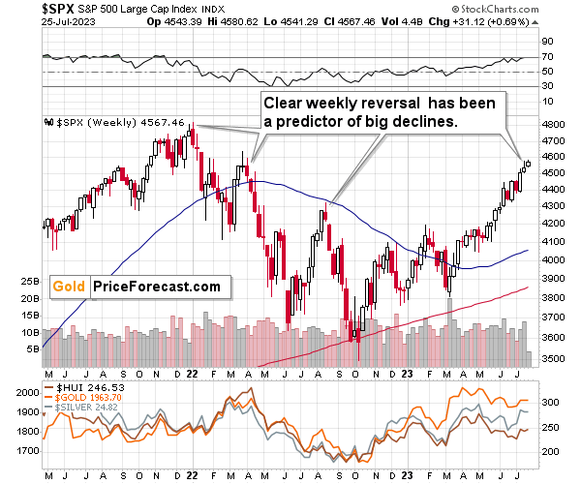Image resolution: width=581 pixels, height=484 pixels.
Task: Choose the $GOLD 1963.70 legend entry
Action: click(x=88, y=398)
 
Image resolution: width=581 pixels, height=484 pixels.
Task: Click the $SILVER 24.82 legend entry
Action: click(x=88, y=408)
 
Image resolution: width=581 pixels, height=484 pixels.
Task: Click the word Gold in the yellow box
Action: click(x=68, y=287)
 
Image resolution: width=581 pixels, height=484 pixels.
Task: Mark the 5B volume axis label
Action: click(x=32, y=348)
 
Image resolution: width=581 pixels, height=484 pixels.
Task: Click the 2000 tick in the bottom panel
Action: click(x=26, y=392)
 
